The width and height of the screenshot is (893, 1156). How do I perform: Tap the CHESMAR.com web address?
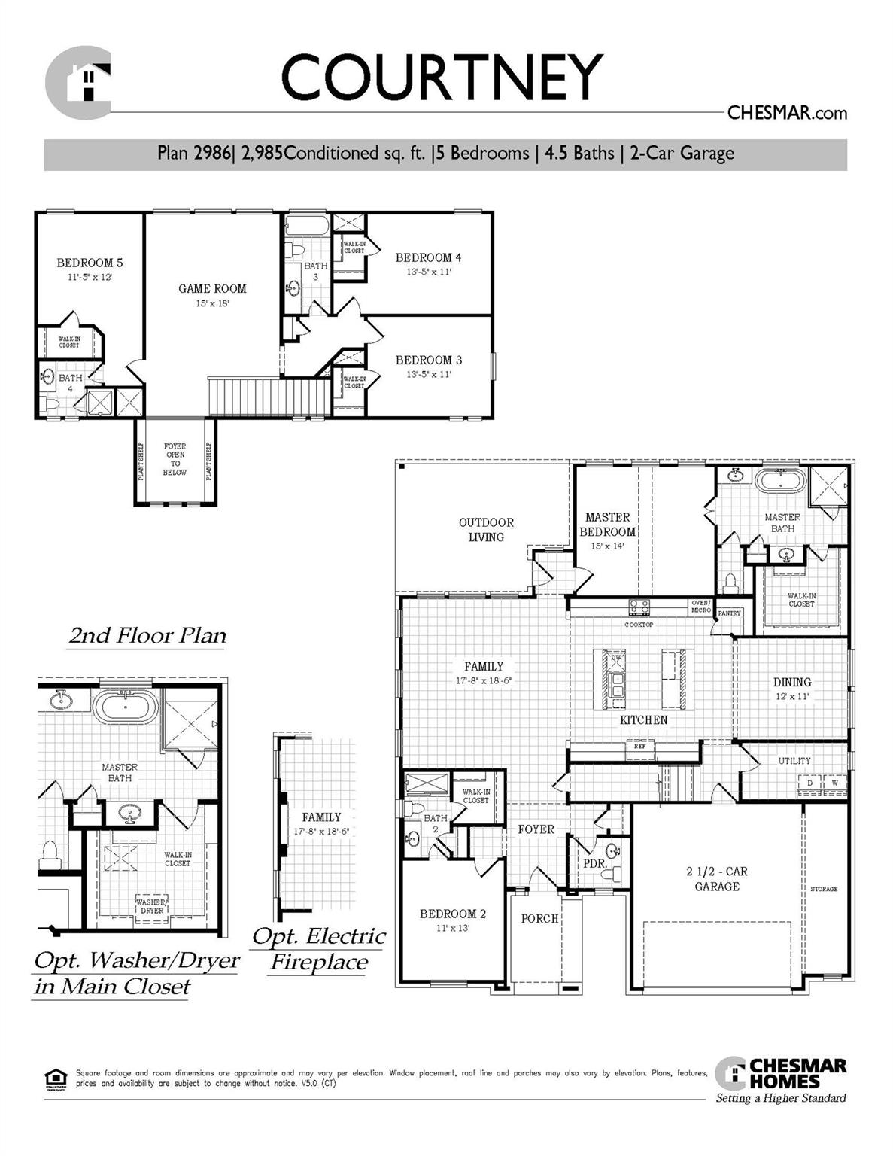[787, 113]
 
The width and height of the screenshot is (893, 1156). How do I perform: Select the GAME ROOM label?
[212, 288]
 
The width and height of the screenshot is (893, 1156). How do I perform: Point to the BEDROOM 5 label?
[90, 263]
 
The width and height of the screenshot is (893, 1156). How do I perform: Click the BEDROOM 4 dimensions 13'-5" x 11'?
[428, 272]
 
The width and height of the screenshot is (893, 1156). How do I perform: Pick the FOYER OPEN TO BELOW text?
[175, 459]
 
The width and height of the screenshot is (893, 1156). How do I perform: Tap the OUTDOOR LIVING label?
[486, 529]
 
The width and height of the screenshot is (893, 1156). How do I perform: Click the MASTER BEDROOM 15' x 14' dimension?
[607, 546]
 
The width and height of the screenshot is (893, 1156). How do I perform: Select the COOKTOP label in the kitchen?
[639, 625]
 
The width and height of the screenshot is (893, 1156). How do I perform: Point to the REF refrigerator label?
[639, 747]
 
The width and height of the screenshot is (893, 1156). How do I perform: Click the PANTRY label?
[729, 613]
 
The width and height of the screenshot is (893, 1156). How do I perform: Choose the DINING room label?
[792, 682]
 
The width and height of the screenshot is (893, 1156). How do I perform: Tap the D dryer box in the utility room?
[809, 783]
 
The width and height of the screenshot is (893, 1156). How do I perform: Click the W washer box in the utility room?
[834, 783]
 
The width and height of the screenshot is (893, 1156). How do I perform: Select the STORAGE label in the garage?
[824, 889]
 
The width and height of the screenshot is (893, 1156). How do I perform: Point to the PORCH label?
[539, 918]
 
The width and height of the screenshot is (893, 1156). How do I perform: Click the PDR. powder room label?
[595, 863]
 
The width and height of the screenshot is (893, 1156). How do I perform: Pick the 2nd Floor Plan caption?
[147, 636]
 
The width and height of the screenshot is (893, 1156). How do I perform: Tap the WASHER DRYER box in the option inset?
[151, 905]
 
